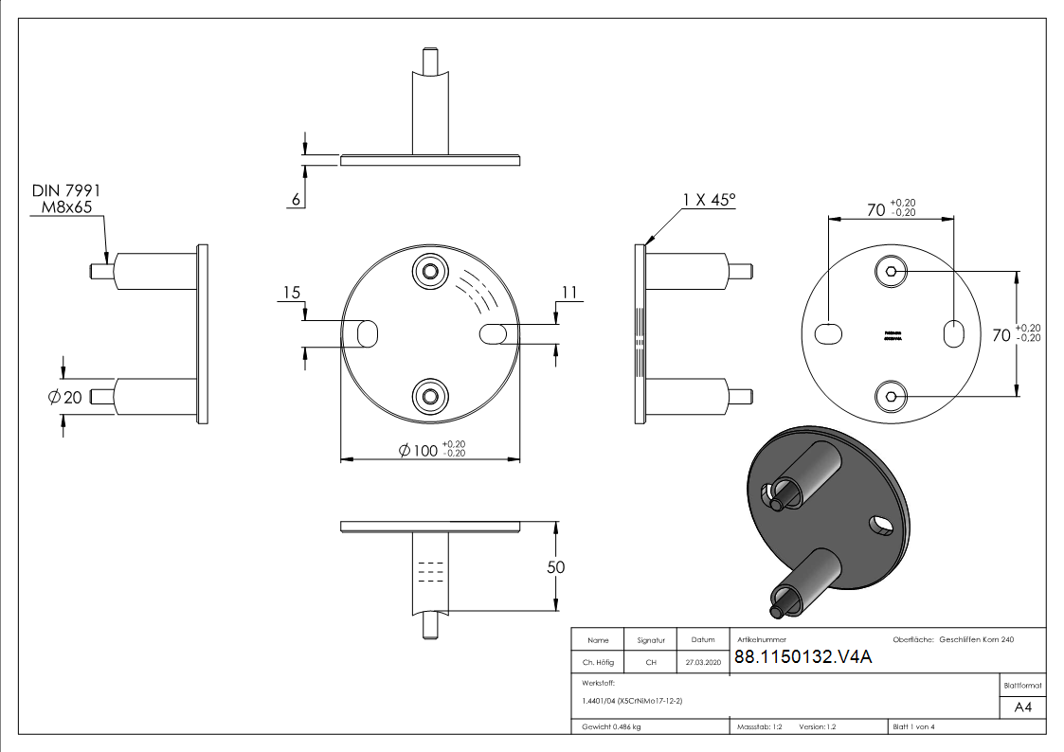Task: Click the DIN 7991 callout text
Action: tap(66, 191)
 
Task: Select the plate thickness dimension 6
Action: tap(297, 200)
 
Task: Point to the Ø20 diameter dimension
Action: tap(65, 397)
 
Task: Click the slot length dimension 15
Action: tap(292, 292)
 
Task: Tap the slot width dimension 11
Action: tap(568, 293)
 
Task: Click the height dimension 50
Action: tap(555, 567)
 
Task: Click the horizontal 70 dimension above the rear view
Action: tap(876, 207)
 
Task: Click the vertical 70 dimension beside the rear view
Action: tap(1001, 333)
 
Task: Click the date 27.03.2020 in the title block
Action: tap(703, 662)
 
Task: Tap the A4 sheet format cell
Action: tap(1022, 707)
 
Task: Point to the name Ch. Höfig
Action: tap(598, 662)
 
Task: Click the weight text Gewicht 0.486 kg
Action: tap(611, 726)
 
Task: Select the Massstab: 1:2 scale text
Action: tap(758, 726)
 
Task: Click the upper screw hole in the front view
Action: tap(431, 272)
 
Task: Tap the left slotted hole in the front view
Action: tap(361, 333)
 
